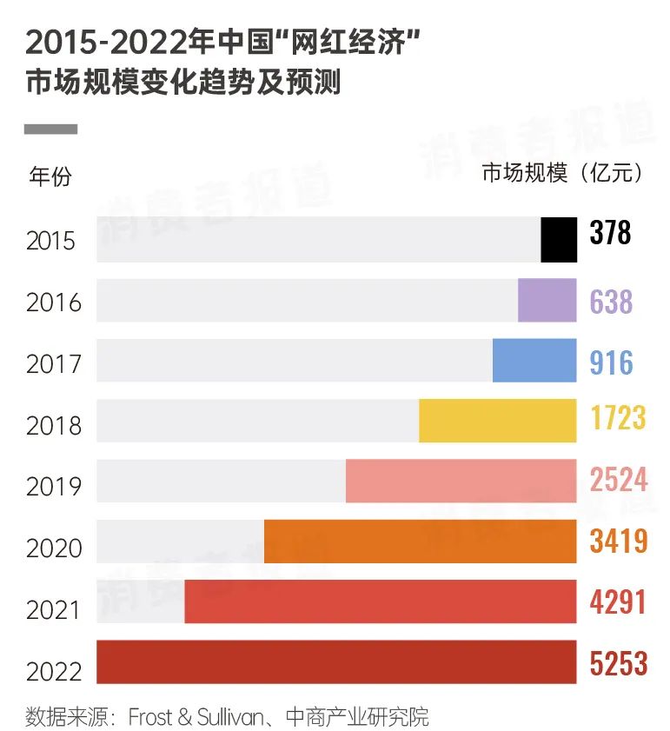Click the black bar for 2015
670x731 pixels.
click(559, 240)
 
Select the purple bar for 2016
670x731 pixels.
click(547, 301)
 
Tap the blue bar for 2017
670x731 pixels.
click(534, 361)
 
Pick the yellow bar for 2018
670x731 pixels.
click(497, 421)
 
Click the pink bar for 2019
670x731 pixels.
click(461, 482)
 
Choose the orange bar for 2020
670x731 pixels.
click(420, 542)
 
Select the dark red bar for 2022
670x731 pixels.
click(336, 662)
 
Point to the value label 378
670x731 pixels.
click(610, 233)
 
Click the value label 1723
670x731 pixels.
click(618, 418)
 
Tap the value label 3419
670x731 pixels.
click(619, 541)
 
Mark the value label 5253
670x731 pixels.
click(619, 664)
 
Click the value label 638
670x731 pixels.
click(611, 302)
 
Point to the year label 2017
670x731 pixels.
click(54, 364)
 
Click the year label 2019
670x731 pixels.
click(54, 487)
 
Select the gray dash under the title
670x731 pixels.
click(50, 130)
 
